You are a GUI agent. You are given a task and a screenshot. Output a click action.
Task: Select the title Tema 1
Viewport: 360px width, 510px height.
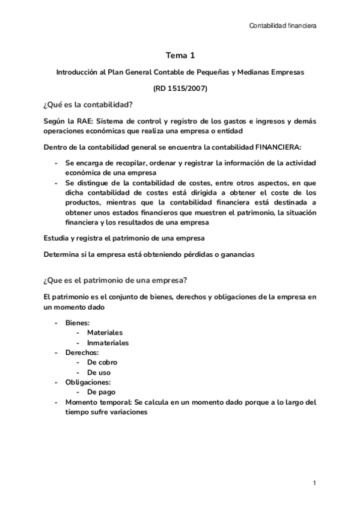click(x=180, y=56)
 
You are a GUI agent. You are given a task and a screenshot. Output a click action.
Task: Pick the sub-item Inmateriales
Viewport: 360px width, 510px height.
click(x=108, y=343)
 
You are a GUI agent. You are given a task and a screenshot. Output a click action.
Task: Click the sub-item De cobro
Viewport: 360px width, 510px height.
click(x=102, y=363)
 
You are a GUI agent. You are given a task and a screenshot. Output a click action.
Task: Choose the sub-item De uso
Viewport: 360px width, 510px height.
click(x=99, y=373)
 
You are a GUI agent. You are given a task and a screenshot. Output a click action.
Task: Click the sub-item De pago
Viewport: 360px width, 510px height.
click(x=101, y=393)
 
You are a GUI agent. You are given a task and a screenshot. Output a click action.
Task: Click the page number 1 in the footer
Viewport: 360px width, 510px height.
click(x=314, y=483)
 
